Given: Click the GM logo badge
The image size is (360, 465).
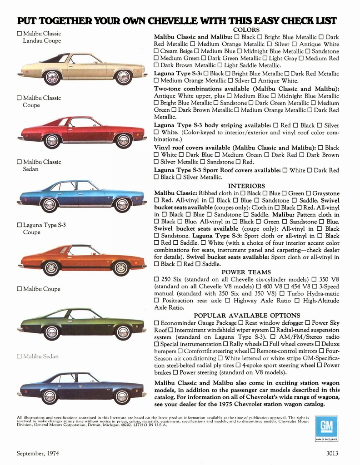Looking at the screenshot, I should tap(326, 428).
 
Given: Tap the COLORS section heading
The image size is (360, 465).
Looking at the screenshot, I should tap(246, 30).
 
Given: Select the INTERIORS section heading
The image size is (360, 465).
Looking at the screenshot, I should tap(246, 186).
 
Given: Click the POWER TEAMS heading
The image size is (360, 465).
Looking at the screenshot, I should tap(246, 272).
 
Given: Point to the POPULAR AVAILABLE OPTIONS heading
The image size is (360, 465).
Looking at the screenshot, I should tap(247, 315).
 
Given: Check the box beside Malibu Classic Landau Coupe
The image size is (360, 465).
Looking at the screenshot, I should tap(19, 34).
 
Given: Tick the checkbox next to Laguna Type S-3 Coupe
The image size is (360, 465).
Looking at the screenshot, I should tap(19, 225).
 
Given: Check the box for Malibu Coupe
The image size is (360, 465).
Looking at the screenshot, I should tap(19, 289).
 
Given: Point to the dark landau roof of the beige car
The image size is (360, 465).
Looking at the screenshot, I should tap(55, 58).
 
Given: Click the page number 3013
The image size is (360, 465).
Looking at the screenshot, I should tap(335, 453).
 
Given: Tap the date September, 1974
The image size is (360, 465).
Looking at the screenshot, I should tap(38, 453).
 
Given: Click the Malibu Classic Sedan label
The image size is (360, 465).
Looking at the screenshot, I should tap(42, 165).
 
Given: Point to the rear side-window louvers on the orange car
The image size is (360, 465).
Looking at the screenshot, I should tap(62, 250).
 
